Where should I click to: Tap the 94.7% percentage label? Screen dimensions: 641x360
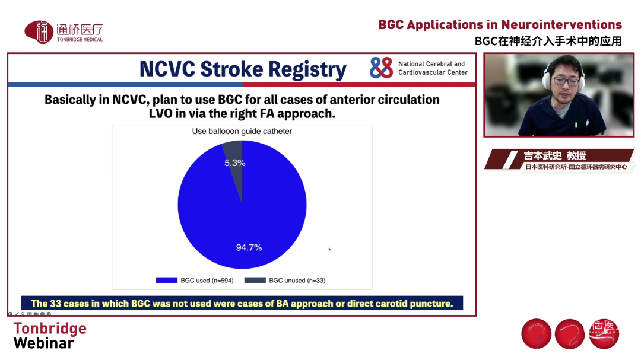(x=249, y=247)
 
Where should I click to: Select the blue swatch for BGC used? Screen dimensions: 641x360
(x=166, y=281)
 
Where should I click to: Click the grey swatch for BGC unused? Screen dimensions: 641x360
(x=255, y=281)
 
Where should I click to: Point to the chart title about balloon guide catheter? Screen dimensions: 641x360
(x=242, y=131)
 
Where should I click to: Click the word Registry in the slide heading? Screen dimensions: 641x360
(x=307, y=69)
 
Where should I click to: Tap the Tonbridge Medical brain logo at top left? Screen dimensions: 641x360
(x=39, y=32)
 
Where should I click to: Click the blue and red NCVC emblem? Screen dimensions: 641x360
(x=381, y=68)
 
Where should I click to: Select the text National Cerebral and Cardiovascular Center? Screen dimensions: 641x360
(x=433, y=68)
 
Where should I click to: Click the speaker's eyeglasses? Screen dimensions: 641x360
(x=566, y=81)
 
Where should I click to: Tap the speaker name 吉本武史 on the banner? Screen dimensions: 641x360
(x=542, y=156)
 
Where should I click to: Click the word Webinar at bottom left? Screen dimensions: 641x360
(x=44, y=343)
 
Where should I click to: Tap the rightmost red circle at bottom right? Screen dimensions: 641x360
(x=604, y=334)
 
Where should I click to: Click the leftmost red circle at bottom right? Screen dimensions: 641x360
(x=537, y=334)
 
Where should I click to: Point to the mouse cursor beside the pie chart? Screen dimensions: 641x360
(x=329, y=249)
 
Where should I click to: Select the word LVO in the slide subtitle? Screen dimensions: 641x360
(x=161, y=114)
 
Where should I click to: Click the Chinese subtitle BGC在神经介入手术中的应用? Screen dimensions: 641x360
(x=548, y=42)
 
